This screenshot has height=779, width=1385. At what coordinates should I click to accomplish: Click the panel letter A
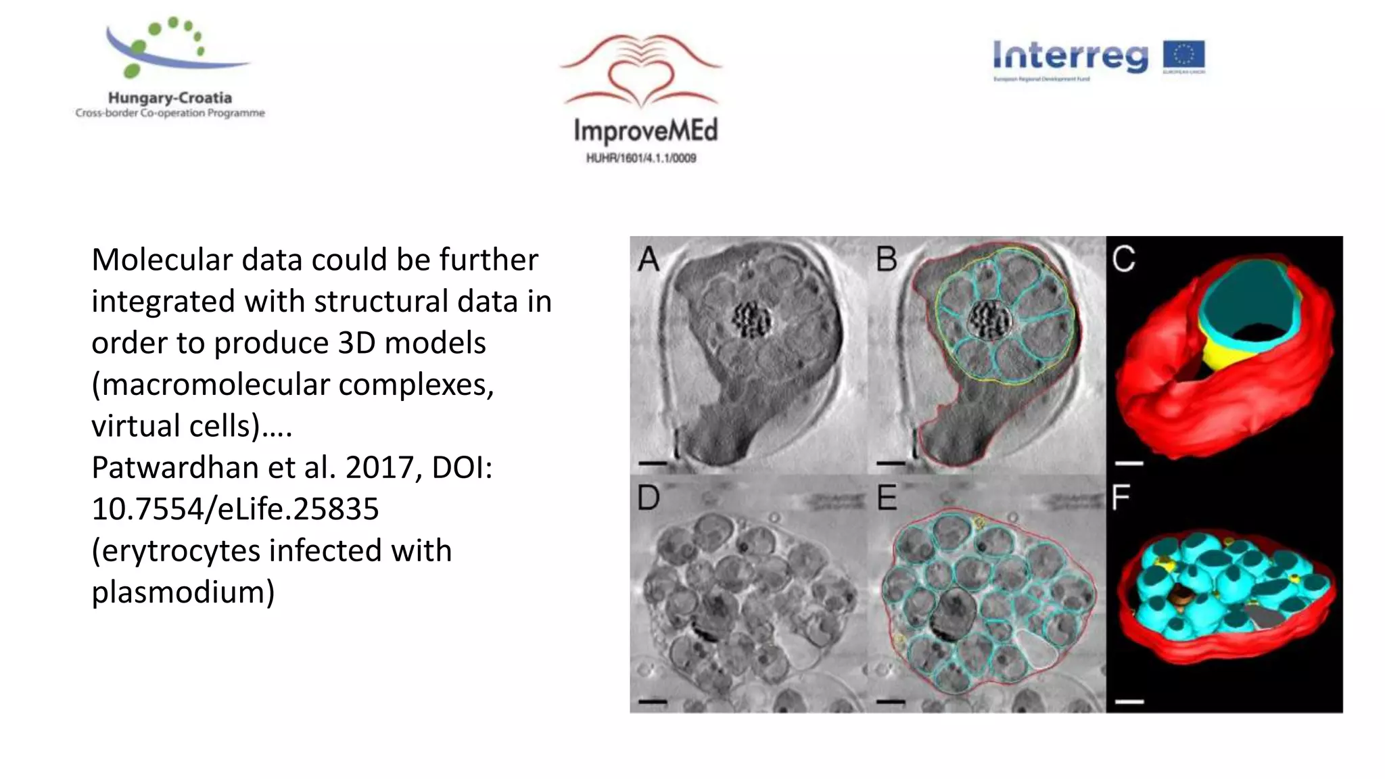pos(649,260)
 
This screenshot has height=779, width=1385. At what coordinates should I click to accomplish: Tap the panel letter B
pos(887,260)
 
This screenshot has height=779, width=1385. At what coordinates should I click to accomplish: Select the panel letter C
pos(1124,260)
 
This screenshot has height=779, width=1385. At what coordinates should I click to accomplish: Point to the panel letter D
pos(649,498)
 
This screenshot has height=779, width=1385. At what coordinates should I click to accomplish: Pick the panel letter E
pos(887,498)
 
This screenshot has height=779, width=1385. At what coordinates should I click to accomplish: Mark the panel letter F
pos(1121,498)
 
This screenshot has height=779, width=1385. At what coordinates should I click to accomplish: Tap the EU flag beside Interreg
pos(1183,55)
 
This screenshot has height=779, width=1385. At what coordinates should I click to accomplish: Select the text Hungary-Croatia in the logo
pos(170,98)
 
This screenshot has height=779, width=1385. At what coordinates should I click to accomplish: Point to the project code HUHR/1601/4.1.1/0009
pos(641,158)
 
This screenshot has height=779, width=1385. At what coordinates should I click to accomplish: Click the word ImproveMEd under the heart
pos(645,131)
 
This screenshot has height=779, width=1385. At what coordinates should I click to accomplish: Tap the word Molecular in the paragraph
pos(162,260)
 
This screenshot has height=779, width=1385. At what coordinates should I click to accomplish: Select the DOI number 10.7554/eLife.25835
pos(235,509)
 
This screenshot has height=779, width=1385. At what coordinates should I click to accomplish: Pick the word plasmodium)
pos(183,592)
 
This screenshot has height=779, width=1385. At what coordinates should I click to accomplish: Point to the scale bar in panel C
pos(1129,463)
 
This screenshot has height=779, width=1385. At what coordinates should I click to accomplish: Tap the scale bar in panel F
pos(1129,702)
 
